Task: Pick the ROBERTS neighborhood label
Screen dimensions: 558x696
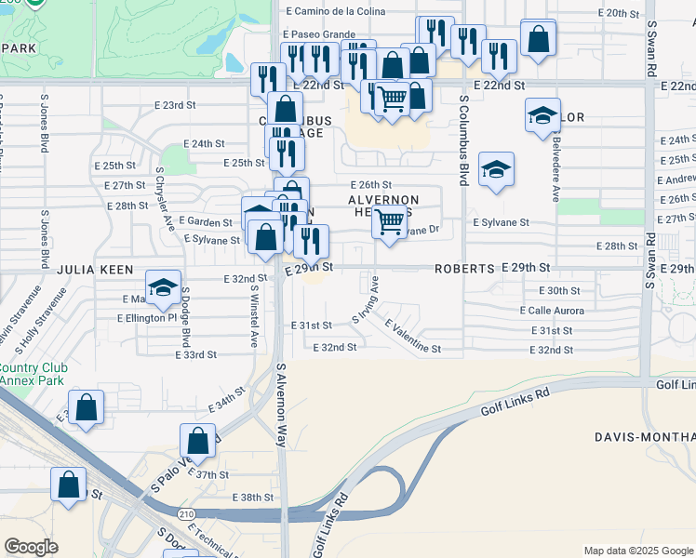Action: [x=464, y=268]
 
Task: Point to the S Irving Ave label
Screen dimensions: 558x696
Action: [x=365, y=299]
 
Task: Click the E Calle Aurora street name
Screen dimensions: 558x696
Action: [x=558, y=311]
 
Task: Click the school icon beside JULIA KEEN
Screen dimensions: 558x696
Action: [x=164, y=287]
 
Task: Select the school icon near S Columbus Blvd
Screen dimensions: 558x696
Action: [x=497, y=169]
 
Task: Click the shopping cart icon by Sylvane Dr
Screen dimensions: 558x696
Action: [x=389, y=222]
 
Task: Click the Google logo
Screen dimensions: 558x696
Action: [x=31, y=547]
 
